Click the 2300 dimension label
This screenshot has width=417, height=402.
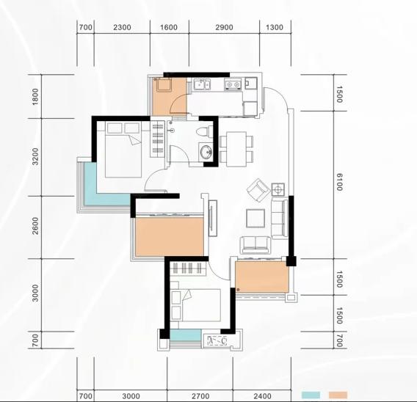[122, 27]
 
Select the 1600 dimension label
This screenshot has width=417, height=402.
[169, 27]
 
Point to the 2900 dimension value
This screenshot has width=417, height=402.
[224, 27]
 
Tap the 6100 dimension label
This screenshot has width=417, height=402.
[339, 182]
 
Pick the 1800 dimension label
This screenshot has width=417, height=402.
[35, 97]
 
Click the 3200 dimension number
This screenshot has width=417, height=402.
[35, 157]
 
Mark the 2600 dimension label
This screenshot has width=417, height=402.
[35, 226]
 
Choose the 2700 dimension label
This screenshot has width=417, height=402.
[200, 396]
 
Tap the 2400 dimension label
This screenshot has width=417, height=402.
[263, 396]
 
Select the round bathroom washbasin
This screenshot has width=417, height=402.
[206, 153]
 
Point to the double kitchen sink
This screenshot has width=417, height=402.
[202, 84]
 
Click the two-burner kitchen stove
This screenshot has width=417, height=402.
[233, 84]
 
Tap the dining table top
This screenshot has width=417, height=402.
[236, 149]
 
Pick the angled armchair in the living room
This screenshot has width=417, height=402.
[258, 190]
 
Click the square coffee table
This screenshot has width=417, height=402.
[255, 219]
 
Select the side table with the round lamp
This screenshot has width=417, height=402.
[278, 189]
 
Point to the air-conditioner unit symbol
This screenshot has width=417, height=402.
[217, 340]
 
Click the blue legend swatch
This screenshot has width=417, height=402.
[311, 395]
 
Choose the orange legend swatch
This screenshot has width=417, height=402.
[338, 395]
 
